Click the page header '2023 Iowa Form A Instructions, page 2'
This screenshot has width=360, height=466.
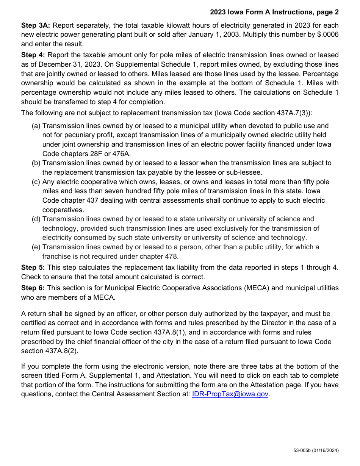pos(274,12)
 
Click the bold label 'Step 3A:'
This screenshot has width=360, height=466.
pos(36,25)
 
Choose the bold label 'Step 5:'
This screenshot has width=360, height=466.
pos(33,267)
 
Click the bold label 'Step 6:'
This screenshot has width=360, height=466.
pos(33,288)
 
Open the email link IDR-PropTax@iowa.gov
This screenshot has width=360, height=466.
pos(230,394)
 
